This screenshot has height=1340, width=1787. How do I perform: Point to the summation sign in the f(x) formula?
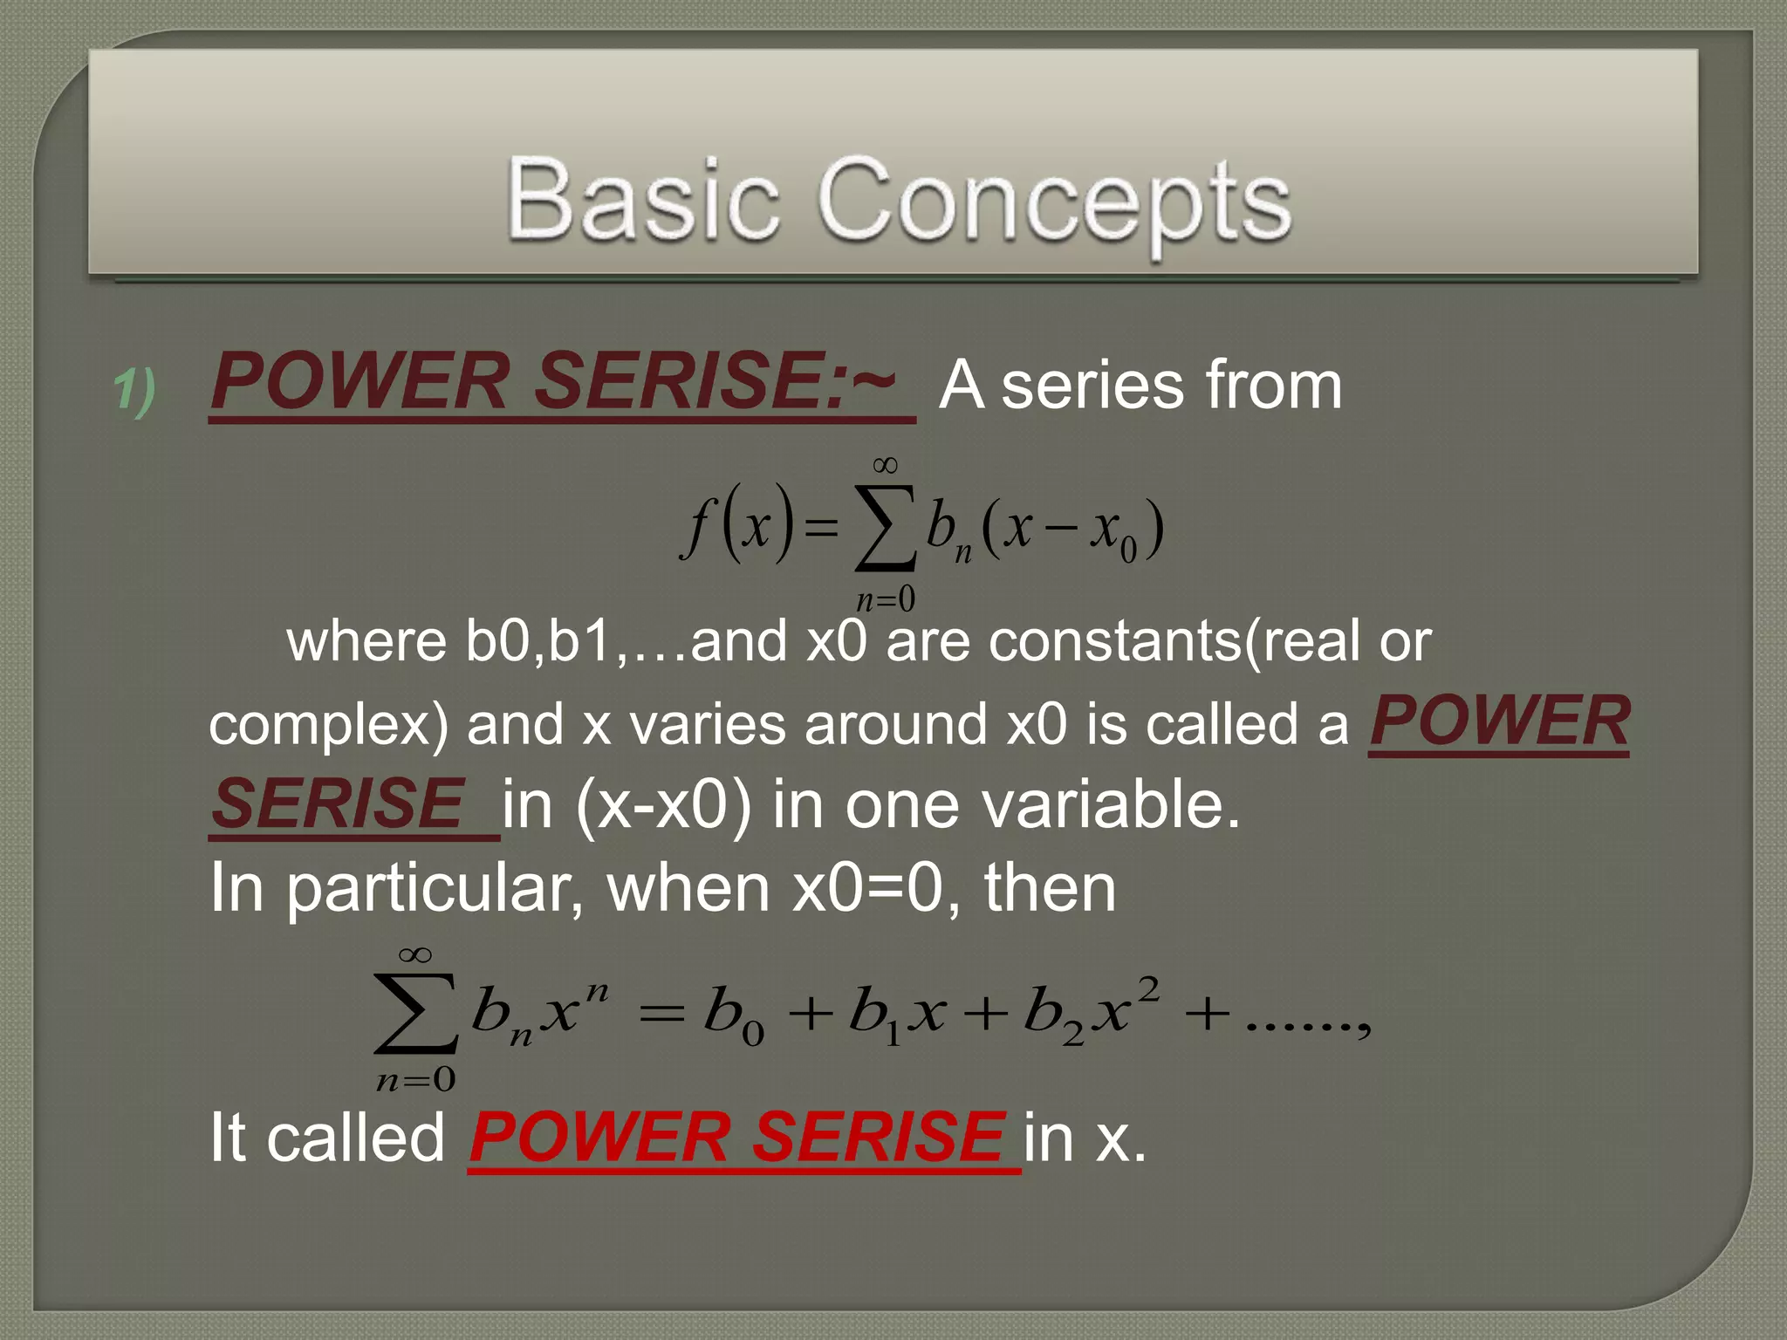[885, 529]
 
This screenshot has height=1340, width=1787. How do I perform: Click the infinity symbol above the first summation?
[885, 465]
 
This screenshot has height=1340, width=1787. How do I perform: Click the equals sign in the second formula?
[661, 1015]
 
